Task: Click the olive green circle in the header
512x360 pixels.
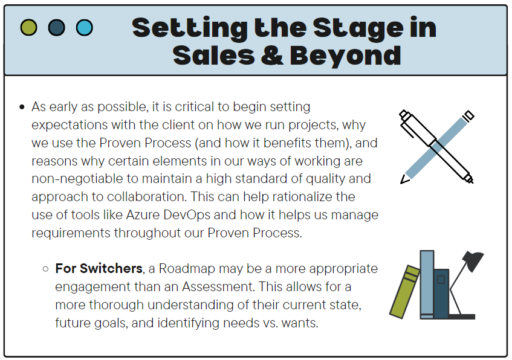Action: coord(29,27)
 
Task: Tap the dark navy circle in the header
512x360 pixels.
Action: coord(56,27)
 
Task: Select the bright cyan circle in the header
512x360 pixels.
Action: coord(84,27)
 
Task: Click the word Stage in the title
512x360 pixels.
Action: coord(358,29)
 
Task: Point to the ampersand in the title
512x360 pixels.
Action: coord(272,55)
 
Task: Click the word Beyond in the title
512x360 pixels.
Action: coord(345,56)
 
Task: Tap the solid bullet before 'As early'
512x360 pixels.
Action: coord(22,107)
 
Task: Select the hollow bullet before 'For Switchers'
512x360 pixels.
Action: coord(45,269)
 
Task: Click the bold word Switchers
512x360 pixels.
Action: coord(111,268)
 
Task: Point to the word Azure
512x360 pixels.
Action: coord(143,215)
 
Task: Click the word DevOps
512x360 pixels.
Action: coord(187,216)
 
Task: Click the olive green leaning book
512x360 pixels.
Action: coord(404,292)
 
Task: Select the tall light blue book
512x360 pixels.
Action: coord(427,284)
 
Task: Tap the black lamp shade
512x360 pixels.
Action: coord(473,261)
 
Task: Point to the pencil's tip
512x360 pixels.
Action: coord(401,183)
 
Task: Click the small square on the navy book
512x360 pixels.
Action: coord(441,280)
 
